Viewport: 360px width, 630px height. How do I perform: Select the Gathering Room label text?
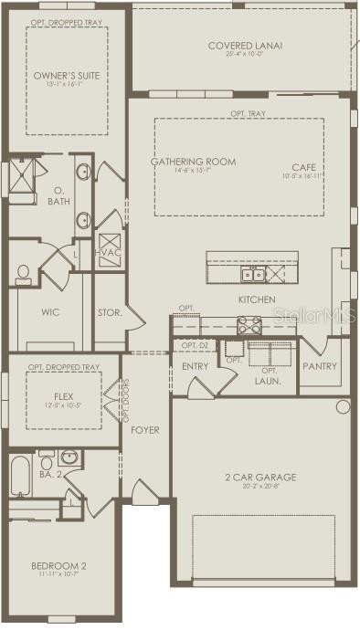point(193,162)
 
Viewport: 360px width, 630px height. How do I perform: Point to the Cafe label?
point(302,166)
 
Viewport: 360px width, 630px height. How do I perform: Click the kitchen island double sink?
point(252,274)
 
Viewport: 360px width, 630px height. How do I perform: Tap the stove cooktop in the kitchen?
point(249,324)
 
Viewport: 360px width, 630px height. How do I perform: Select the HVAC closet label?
point(108,252)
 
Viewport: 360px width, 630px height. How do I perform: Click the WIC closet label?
point(50,312)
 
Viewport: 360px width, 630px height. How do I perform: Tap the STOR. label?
point(110,312)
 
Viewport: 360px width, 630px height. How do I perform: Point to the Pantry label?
point(319,366)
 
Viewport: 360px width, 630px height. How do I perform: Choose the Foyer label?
point(145,428)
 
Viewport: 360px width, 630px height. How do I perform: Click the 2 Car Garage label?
point(260,477)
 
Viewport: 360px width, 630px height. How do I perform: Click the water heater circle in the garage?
point(343,406)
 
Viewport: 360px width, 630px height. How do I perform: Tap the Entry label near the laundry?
point(196,366)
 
